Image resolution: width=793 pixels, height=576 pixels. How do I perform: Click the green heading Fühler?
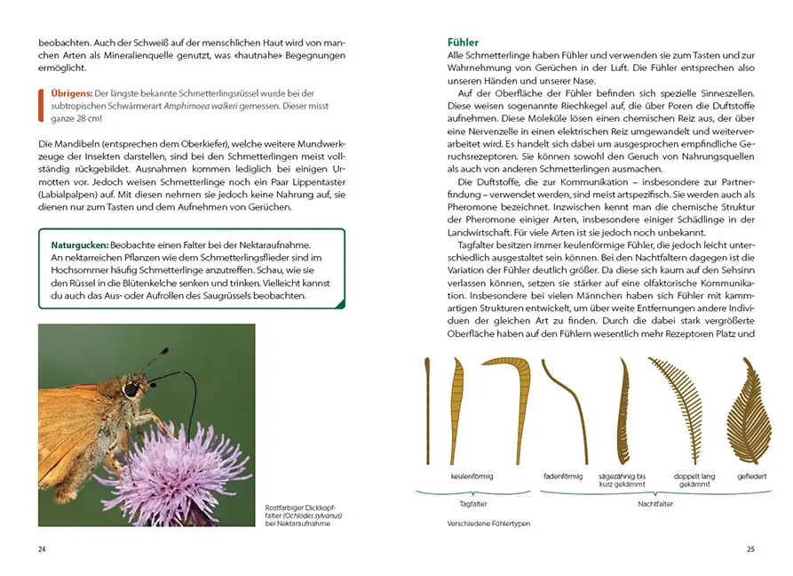pos(463,42)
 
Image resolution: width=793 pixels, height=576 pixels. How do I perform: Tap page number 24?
pos(42,548)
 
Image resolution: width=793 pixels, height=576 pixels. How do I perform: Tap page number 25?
pos(750,548)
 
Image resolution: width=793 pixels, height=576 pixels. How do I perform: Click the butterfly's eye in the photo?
pos(131,389)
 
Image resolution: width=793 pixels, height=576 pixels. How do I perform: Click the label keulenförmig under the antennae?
pos(472,476)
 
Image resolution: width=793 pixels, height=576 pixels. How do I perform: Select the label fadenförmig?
pos(562,476)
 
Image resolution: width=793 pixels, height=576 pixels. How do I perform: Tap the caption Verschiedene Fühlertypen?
pos(488,524)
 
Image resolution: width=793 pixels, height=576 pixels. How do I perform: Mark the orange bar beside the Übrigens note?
pos(41,106)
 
